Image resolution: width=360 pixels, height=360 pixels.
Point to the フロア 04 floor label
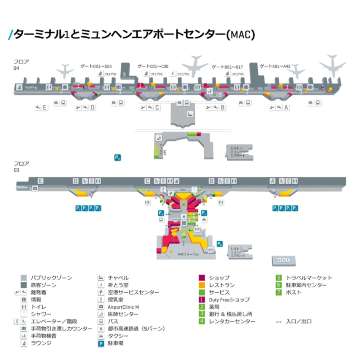[x=19, y=68]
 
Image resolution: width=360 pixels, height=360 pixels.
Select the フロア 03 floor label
[x=19, y=163]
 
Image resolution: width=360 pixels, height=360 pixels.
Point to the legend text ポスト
[x=292, y=293]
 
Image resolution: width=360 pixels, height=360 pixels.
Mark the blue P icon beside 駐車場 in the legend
[x=101, y=347]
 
